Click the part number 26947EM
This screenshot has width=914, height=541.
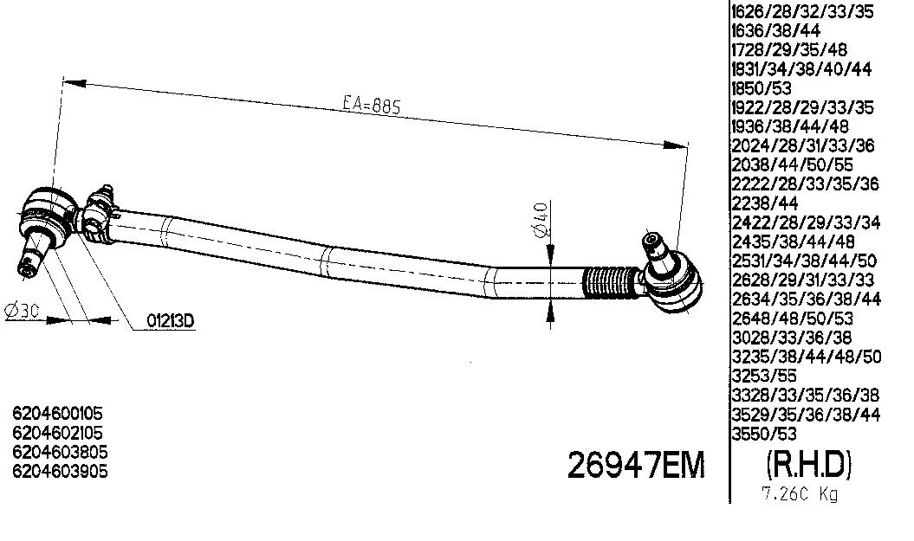[x=636, y=467]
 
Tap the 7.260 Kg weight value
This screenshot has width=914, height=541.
[x=799, y=496]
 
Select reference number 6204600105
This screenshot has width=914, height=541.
[x=60, y=415]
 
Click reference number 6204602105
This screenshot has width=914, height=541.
[x=60, y=434]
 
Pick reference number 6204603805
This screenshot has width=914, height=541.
[x=60, y=452]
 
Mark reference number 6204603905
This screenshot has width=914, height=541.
[x=60, y=471]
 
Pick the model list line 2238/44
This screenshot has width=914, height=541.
[x=764, y=203]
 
